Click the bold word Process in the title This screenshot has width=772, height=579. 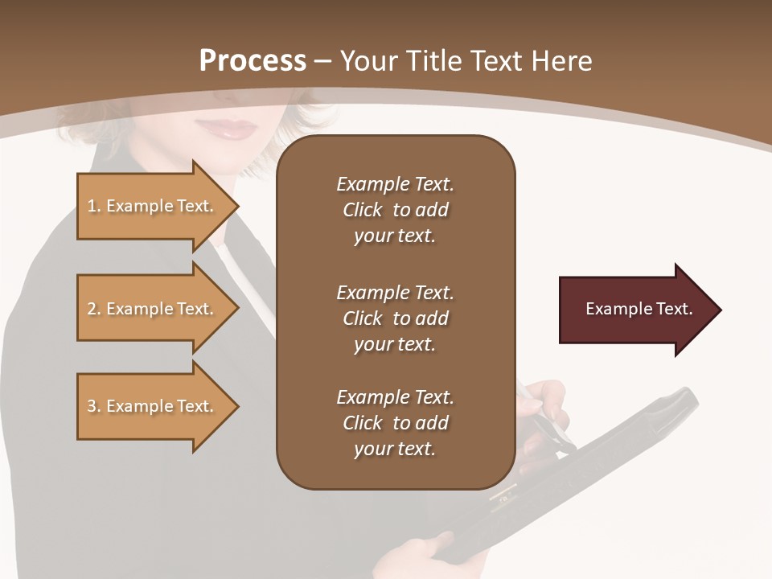tap(253, 61)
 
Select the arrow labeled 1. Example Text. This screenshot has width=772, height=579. tap(153, 206)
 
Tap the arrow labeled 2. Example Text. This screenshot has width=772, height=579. tap(153, 309)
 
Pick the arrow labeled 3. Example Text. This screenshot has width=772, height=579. tap(153, 406)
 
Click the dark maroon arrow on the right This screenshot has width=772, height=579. tap(635, 310)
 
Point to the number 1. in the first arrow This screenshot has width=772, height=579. tap(93, 206)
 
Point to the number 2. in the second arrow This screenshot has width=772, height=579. tap(93, 309)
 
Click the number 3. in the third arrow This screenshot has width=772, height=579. tap(93, 406)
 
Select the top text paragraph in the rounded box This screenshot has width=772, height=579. tap(395, 210)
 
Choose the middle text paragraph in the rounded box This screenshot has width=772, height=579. tap(395, 318)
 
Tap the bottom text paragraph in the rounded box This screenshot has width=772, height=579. tap(395, 423)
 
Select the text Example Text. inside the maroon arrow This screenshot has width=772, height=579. tap(639, 309)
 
